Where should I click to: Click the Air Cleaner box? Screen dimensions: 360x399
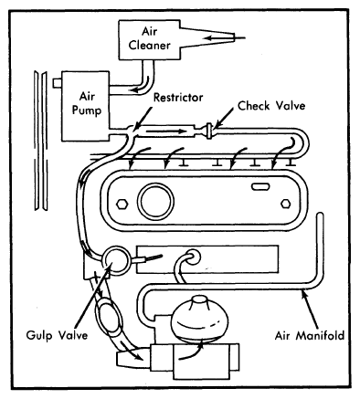point(150,39)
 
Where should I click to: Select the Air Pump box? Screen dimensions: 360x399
point(85,106)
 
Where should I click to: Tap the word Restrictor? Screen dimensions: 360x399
point(178,98)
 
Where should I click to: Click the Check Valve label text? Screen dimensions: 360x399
point(271,106)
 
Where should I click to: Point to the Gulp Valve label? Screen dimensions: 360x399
point(57,335)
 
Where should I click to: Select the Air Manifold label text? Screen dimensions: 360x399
point(310,335)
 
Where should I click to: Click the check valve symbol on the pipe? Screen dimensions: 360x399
point(209,131)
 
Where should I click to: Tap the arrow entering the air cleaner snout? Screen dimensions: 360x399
point(225,38)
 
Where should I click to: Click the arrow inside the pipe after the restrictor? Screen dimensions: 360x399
point(166,131)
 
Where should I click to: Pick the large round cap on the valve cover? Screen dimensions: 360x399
point(155,201)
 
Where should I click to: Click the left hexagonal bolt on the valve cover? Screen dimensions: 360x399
point(122,204)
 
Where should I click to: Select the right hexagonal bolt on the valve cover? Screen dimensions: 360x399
point(285,204)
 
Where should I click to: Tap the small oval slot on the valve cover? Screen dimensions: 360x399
point(260,186)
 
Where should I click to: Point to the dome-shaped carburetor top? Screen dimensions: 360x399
point(199,318)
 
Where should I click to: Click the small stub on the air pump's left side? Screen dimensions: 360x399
point(57,83)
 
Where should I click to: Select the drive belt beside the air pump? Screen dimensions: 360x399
point(40,141)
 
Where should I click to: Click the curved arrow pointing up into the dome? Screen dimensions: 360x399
point(193,351)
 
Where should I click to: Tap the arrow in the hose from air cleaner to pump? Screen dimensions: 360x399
point(143,86)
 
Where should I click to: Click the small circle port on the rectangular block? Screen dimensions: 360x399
point(193,257)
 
